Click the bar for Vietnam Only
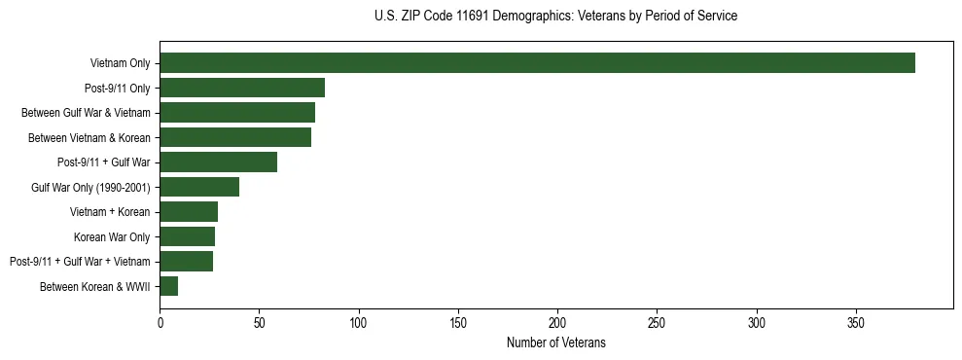point(537,63)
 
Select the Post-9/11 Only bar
point(242,88)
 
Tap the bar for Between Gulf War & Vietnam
point(237,113)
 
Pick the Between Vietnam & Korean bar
point(235,137)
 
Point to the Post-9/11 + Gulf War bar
point(218,162)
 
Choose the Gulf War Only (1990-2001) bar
point(199,187)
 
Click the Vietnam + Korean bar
point(189,212)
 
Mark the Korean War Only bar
point(187,236)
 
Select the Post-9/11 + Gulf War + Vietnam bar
point(186,261)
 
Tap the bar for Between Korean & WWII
point(168,286)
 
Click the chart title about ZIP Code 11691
point(555,17)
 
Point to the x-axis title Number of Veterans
point(555,342)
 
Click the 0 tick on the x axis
point(160,322)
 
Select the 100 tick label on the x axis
point(359,322)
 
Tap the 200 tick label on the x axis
point(557,322)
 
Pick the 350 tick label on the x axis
point(856,322)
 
